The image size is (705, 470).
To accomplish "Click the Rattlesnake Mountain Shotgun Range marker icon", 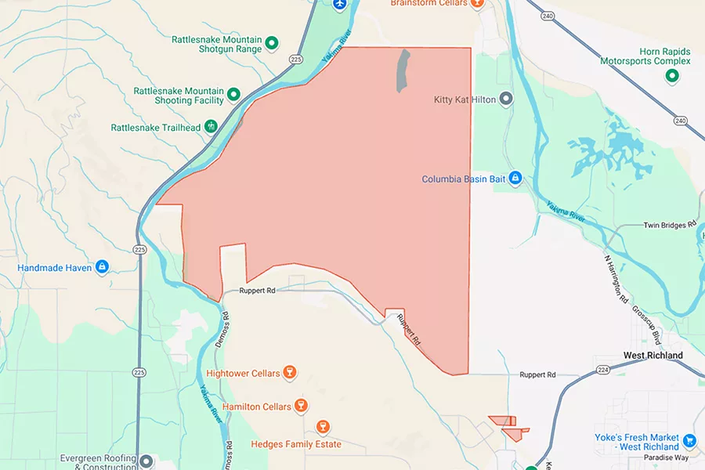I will click(x=272, y=43).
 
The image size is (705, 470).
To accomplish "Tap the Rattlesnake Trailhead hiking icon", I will click(x=211, y=127).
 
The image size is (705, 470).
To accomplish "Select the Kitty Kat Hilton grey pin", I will click(x=506, y=99).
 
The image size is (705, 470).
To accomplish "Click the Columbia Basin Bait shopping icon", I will click(x=515, y=179).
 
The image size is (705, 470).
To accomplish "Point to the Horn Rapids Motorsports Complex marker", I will click(x=671, y=76).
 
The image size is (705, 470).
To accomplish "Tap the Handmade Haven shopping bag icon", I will click(x=101, y=267).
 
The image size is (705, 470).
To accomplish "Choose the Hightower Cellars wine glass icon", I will click(x=289, y=373).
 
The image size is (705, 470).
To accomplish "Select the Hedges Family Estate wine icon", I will click(x=322, y=426).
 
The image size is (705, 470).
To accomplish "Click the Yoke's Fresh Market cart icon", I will click(x=689, y=440).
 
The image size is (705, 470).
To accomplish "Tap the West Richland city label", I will click(x=653, y=355).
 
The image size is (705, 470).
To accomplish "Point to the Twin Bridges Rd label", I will click(x=669, y=225).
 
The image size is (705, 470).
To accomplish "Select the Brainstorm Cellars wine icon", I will click(x=477, y=3).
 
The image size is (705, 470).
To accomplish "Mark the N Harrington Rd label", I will click(x=616, y=278).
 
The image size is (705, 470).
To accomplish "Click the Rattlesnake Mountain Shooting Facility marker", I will click(x=233, y=96).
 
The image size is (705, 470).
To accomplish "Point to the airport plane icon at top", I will click(x=339, y=4).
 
